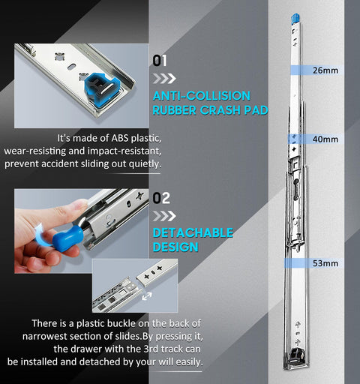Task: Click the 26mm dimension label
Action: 325,71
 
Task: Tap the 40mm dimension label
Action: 325,139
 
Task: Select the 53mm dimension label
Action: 325,263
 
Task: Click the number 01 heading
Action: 160,61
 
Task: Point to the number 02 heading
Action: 160,199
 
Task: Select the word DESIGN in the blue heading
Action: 175,247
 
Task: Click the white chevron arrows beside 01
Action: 163,77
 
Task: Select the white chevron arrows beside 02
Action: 163,215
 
